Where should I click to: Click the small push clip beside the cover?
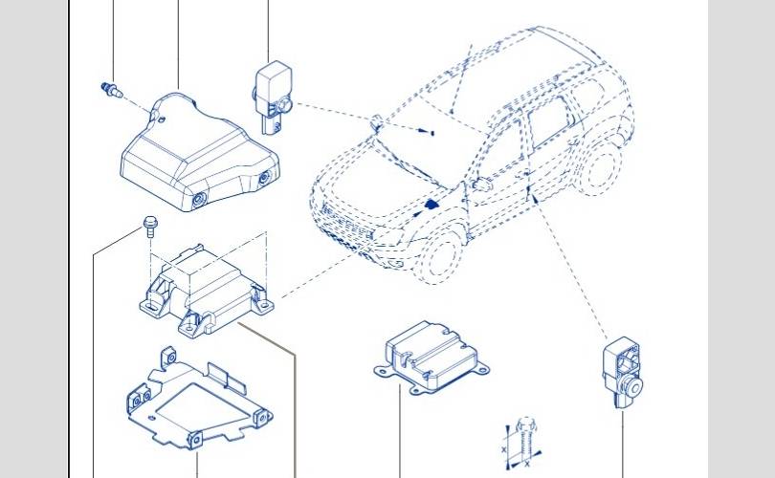[x=112, y=90]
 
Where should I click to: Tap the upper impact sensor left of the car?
[x=274, y=98]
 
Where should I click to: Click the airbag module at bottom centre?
[x=431, y=358]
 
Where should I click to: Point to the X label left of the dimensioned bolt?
[x=503, y=449]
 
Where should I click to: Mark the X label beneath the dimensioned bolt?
[x=527, y=465]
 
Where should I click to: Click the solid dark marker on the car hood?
[x=432, y=204]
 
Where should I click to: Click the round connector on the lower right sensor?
[x=632, y=385]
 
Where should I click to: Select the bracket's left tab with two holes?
[x=140, y=396]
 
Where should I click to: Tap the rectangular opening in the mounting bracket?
[x=204, y=405]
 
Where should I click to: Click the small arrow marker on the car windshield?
[x=426, y=131]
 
